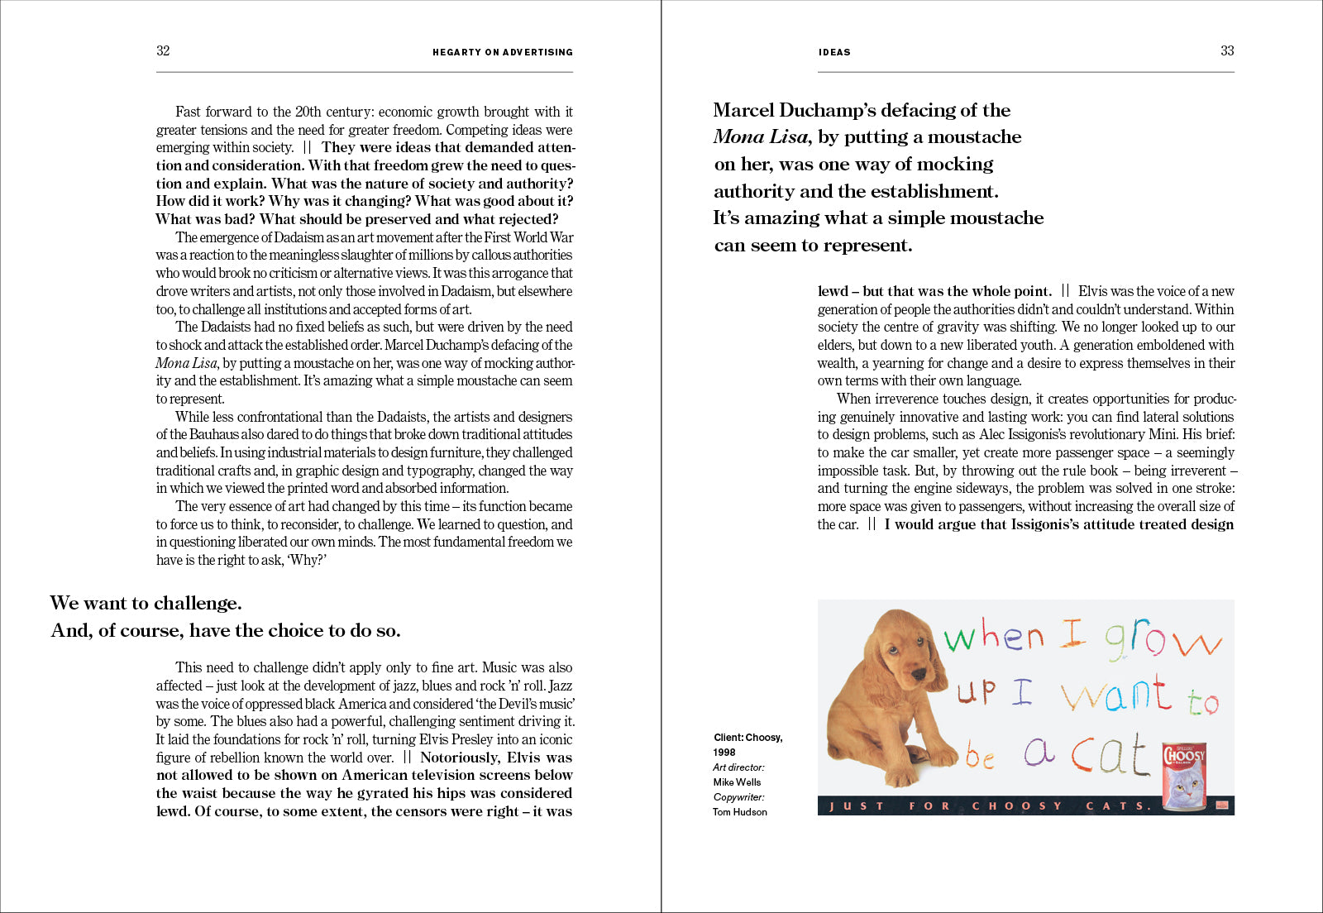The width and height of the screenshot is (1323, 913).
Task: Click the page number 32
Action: pyautogui.click(x=163, y=50)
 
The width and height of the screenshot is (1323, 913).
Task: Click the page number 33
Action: pyautogui.click(x=1227, y=50)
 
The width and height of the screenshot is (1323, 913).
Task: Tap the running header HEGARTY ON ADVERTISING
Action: pyautogui.click(x=502, y=52)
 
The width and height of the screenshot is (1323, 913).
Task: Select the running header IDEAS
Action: pyautogui.click(x=834, y=52)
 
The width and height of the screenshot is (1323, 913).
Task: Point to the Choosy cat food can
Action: pyautogui.click(x=1184, y=776)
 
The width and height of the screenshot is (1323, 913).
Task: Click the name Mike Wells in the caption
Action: pyautogui.click(x=737, y=782)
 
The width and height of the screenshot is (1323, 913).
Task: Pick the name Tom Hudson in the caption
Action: pyautogui.click(x=740, y=812)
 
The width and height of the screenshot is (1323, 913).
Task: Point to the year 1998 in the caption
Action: pyautogui.click(x=724, y=753)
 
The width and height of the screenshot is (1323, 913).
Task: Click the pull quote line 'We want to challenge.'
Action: pyautogui.click(x=146, y=603)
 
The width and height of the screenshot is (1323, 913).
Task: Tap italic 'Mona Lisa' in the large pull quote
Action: pyautogui.click(x=762, y=137)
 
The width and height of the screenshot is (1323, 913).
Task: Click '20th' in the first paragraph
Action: pyautogui.click(x=308, y=112)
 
